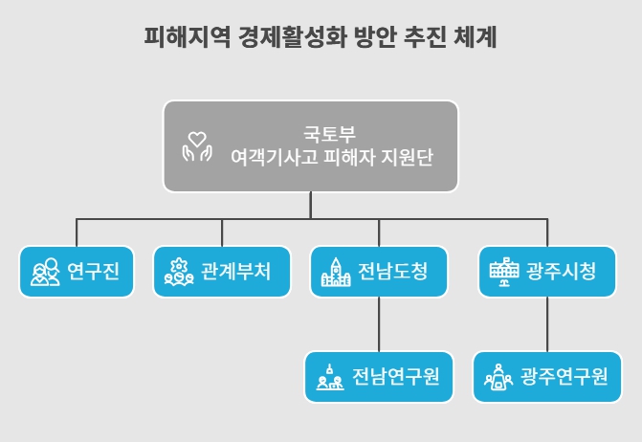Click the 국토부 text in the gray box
pyautogui.click(x=331, y=132)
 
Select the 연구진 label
pyautogui.click(x=94, y=272)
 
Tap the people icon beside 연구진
pyautogui.click(x=45, y=273)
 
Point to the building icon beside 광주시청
pyautogui.click(x=502, y=273)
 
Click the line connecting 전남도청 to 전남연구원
pyautogui.click(x=379, y=324)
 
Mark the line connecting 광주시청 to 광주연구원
pyautogui.click(x=547, y=324)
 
